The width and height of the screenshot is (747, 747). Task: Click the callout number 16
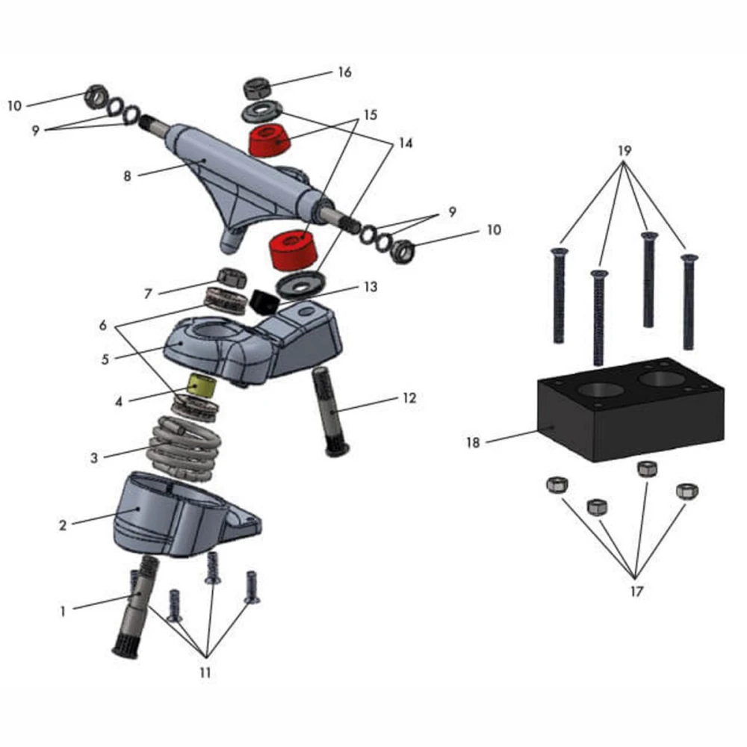[x=344, y=72]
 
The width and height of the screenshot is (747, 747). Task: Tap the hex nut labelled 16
[x=255, y=88]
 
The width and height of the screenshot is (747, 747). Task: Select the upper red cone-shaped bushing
[x=268, y=140]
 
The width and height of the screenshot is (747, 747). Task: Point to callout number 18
[x=472, y=442]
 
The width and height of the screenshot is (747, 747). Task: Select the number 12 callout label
[x=409, y=398]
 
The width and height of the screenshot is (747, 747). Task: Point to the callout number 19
[x=624, y=150]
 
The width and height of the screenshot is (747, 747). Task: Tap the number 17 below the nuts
[x=636, y=591]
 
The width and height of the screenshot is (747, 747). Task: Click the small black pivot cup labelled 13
[x=264, y=301]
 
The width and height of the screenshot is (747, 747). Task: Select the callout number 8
[x=127, y=177]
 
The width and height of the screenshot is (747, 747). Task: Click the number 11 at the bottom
[x=205, y=672]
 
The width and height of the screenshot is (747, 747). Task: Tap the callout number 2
[x=63, y=524]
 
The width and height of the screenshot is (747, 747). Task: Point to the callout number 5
[x=105, y=358]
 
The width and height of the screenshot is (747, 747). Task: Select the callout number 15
[x=371, y=116]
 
